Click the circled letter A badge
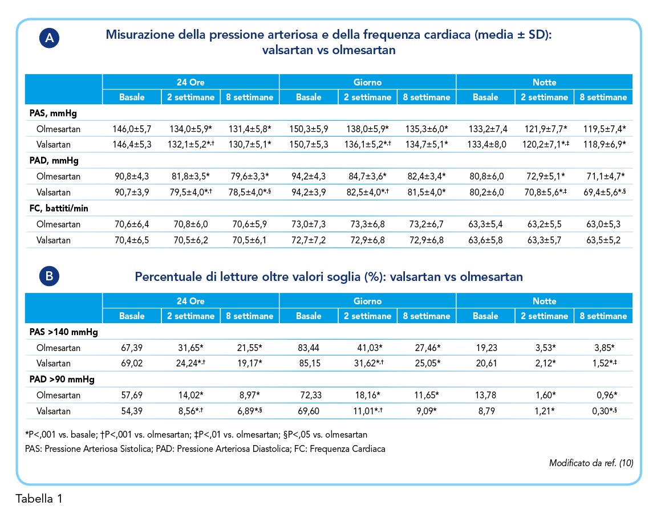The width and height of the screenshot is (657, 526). pos(49,38)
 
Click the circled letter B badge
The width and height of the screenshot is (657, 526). pos(49,276)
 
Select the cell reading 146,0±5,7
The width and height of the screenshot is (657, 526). pos(132,129)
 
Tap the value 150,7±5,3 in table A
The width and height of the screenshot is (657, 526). pos(309,145)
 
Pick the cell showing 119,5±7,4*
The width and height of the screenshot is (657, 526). pos(605,129)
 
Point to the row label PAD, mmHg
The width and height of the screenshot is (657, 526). pos(54,161)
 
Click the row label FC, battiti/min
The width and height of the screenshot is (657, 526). pos(59,209)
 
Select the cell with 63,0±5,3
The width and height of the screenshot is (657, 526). pos(603,225)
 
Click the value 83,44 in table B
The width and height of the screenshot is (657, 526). pos(309,348)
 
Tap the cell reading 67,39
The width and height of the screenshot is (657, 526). pos(132,348)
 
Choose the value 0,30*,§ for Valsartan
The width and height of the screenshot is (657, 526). pos(604,411)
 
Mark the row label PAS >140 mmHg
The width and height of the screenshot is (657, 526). pos(64,332)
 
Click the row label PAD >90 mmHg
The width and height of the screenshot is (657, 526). pos(62,380)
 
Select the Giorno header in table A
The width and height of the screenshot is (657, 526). pos(367,83)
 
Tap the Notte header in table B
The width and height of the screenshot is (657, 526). pos(544,301)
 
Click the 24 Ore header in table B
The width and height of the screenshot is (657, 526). pos(190,301)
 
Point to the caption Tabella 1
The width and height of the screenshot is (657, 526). pos(39,499)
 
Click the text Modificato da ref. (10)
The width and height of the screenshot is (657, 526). pos(591,463)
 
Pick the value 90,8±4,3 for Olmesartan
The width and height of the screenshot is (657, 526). pos(132,177)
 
